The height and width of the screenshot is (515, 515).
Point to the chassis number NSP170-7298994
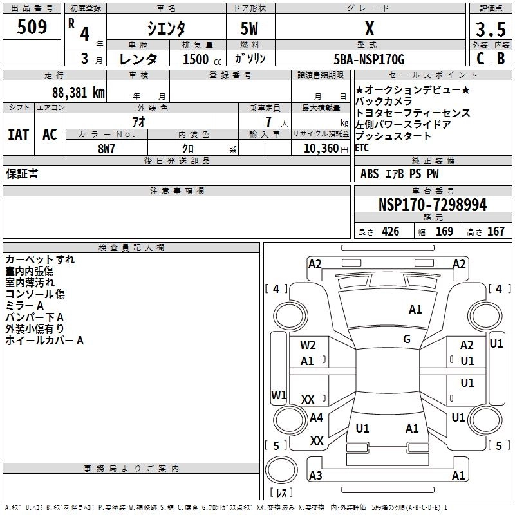click(x=433, y=205)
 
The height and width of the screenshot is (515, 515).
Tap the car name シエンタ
click(x=167, y=29)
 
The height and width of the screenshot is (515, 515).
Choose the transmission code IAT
click(x=18, y=134)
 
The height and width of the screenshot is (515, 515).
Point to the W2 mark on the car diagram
click(x=308, y=345)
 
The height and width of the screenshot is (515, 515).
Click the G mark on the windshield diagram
click(x=407, y=339)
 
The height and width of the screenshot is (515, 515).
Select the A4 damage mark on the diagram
click(x=316, y=418)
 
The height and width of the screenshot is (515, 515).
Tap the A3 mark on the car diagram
click(x=315, y=476)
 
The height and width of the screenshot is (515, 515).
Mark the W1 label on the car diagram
click(x=278, y=394)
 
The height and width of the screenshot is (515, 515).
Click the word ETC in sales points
click(x=362, y=147)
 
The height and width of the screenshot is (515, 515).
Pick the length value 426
click(x=389, y=231)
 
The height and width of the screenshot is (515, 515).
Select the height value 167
click(x=496, y=231)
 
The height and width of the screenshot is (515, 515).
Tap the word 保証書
click(x=22, y=174)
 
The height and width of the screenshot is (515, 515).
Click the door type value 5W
click(x=250, y=29)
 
